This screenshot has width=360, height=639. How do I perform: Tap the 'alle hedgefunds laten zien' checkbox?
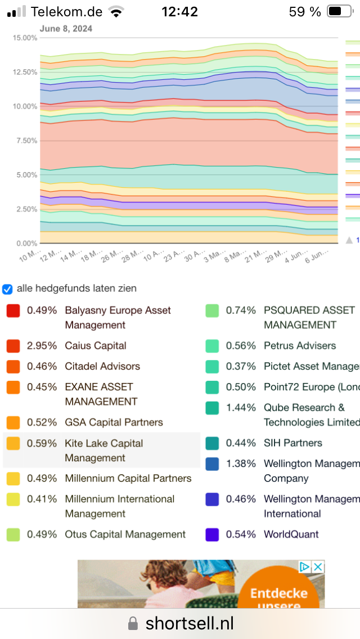tap(7, 289)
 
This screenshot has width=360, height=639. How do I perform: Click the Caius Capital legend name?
tap(96, 346)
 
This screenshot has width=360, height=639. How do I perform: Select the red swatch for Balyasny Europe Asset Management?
tap(13, 310)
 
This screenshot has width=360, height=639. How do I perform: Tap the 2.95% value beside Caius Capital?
tap(42, 346)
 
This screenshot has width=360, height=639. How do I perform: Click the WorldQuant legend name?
tap(291, 534)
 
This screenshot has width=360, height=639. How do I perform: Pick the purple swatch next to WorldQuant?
tap(212, 534)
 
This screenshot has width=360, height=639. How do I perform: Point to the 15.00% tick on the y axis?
tap(25, 38)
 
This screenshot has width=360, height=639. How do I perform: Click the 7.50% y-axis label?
tap(26, 141)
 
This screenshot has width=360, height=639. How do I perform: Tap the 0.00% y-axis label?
tap(26, 244)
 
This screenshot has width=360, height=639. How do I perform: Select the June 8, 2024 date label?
tap(66, 28)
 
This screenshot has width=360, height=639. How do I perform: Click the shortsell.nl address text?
tap(190, 623)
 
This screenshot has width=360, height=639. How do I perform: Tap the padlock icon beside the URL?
tap(133, 623)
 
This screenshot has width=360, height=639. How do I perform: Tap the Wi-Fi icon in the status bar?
tap(117, 11)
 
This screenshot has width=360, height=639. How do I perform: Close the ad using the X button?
tap(318, 567)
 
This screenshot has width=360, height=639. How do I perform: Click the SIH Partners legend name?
tap(292, 443)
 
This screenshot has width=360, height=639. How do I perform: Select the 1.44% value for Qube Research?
tap(241, 408)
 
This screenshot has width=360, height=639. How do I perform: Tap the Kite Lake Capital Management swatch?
tap(13, 444)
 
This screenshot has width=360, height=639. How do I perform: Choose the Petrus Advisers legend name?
tap(300, 346)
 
